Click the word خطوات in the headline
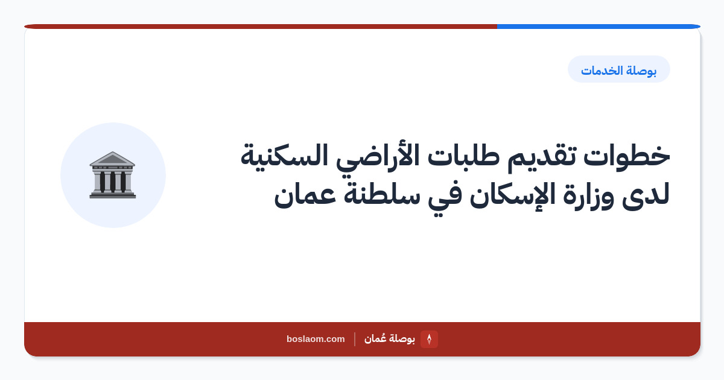pos(626,156)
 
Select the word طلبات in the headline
pos(460,155)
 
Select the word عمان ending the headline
pos(305,196)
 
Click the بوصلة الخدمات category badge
pos(618,69)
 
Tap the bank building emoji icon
pos(112,175)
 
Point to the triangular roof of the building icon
pos(112,158)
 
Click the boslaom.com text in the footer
pos(316,339)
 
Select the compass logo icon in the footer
pos(429,339)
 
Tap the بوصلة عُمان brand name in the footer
pos(390,338)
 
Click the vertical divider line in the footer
pos(355,339)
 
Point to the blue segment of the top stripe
pos(599,27)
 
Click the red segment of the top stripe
pos(261,27)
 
